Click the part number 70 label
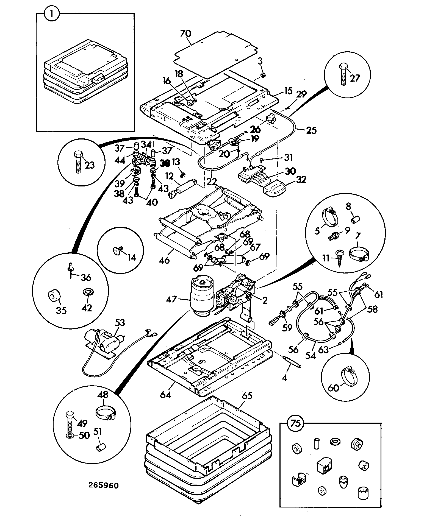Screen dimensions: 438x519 [x=185, y=34]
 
